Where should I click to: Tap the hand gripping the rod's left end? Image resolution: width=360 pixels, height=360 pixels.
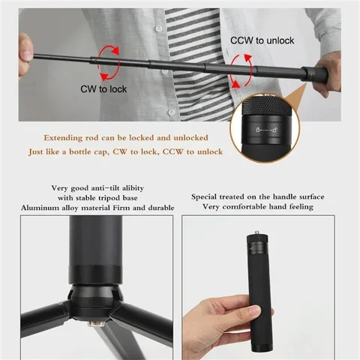[x=25, y=46]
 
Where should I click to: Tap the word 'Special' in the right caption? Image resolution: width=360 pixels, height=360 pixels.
[x=210, y=196]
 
